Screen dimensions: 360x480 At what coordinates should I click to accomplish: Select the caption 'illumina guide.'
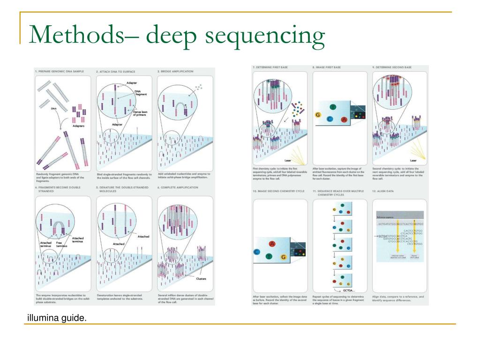(x=57, y=319)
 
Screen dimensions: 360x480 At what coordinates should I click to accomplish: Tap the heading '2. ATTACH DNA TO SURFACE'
(x=116, y=72)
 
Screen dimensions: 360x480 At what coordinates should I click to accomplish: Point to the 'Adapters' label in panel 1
(x=78, y=126)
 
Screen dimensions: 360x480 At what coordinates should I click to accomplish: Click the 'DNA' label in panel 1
(x=54, y=108)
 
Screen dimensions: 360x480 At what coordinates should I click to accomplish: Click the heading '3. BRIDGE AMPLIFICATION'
(x=175, y=72)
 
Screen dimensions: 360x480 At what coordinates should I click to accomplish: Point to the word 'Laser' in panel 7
(x=288, y=160)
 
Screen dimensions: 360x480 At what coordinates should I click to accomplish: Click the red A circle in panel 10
(x=272, y=243)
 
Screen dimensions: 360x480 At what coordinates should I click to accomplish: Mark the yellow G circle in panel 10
(x=283, y=257)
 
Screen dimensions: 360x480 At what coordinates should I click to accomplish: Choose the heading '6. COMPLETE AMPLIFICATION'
(x=178, y=187)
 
